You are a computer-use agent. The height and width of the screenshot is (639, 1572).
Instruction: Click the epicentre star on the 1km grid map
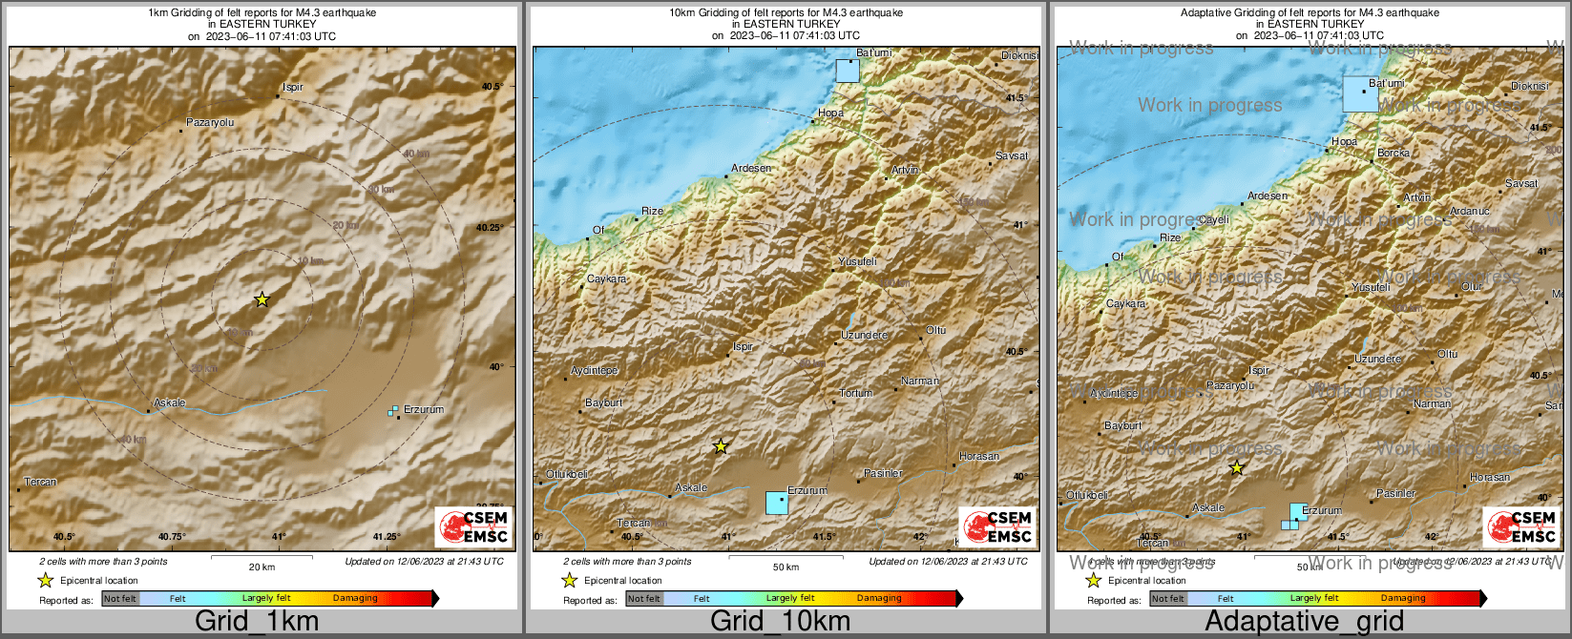click(262, 299)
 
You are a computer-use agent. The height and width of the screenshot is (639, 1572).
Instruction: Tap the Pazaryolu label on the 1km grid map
click(209, 123)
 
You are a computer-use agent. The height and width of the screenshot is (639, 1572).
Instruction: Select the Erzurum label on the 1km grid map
click(424, 410)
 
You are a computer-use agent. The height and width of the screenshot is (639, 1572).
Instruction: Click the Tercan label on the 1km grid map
click(40, 483)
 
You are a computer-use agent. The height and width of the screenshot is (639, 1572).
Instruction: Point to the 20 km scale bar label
click(262, 567)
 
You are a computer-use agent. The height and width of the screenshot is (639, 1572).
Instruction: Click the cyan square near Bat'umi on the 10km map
click(848, 71)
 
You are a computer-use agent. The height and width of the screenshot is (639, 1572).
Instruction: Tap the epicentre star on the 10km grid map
click(721, 446)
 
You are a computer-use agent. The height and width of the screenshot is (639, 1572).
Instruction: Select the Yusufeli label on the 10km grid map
click(857, 261)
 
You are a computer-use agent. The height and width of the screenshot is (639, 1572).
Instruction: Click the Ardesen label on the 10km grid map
click(751, 169)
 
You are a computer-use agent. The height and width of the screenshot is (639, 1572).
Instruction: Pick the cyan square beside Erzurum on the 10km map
click(777, 503)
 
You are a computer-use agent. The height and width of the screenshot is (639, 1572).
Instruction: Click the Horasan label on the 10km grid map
click(979, 457)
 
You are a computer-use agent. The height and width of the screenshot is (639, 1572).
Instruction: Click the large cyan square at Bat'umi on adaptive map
click(1361, 93)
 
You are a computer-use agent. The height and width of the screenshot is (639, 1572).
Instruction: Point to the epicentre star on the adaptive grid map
click(1237, 468)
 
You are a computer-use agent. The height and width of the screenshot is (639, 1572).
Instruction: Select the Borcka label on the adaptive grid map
click(1394, 154)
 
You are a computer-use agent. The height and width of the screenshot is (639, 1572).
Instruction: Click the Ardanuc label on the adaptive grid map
click(1469, 212)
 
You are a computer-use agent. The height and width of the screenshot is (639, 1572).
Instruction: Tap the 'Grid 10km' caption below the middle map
click(780, 622)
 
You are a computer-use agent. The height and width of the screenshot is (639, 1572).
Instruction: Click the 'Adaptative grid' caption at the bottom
click(1304, 622)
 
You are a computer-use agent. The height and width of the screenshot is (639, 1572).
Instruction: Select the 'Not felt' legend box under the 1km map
click(120, 599)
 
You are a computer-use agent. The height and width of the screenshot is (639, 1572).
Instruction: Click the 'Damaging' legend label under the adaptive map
click(1403, 599)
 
